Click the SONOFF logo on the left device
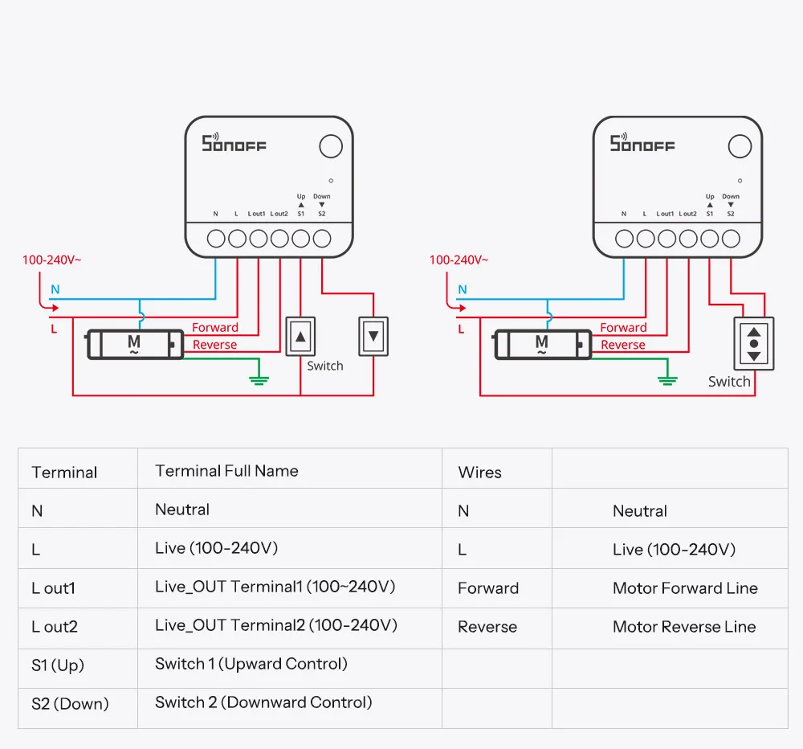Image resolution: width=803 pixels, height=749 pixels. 234,143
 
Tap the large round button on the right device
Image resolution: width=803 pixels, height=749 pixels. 740,146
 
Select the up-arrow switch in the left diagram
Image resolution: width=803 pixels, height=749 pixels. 300,336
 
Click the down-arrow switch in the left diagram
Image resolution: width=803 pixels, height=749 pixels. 373,336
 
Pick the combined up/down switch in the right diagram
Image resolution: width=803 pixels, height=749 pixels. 754,343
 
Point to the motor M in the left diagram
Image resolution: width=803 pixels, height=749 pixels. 135,345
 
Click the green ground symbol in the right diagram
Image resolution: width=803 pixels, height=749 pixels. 667,380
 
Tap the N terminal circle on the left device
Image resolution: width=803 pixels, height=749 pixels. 216,239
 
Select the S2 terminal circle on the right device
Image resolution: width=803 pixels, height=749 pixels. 731,239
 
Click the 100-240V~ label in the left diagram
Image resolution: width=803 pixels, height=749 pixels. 51,260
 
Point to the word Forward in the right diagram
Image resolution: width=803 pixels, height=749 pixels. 623,327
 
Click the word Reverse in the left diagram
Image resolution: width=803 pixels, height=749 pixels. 214,345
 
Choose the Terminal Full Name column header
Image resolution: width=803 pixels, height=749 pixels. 226,471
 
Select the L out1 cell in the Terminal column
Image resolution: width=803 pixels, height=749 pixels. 53,588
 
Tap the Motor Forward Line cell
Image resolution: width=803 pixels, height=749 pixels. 685,588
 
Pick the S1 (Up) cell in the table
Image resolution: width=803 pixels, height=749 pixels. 57,665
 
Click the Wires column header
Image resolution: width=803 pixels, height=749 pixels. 480,473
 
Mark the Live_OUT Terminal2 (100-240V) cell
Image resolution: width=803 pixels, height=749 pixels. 276,625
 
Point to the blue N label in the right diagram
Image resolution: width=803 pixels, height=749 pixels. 463,289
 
